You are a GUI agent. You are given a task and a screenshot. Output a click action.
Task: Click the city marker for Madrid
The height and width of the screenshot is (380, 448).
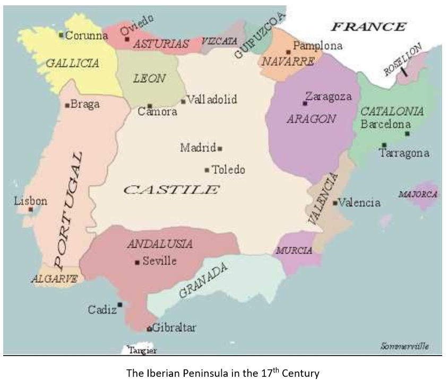(220, 148)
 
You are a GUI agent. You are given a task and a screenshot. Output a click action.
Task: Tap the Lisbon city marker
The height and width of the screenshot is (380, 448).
(31, 209)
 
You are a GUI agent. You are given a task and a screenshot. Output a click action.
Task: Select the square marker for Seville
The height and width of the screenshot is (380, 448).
(137, 261)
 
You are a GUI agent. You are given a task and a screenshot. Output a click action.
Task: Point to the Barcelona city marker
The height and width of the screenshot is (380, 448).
(407, 133)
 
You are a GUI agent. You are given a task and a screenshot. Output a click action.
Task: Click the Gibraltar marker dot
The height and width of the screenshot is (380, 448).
(150, 328)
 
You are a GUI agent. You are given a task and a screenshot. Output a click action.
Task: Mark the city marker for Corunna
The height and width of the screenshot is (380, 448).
(62, 36)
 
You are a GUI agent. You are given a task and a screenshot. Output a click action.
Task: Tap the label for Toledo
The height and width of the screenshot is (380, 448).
(228, 170)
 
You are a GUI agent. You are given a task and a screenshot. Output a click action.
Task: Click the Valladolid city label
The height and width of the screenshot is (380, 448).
(212, 99)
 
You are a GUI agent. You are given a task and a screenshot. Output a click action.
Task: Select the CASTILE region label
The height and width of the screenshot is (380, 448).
(171, 190)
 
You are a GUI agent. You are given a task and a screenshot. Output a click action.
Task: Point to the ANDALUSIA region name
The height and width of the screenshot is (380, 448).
(160, 244)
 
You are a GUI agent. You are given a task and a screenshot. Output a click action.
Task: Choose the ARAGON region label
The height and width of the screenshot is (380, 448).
(311, 119)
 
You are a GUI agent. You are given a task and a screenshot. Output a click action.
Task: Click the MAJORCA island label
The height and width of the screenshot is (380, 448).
(418, 195)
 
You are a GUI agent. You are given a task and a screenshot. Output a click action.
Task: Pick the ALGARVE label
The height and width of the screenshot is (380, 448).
(55, 278)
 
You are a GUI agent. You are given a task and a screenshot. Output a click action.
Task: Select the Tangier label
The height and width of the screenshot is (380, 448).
(143, 351)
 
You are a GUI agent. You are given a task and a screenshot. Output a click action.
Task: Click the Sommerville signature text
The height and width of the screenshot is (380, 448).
(404, 347)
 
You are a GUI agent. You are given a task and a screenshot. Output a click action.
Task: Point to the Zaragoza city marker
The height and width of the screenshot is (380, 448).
(305, 103)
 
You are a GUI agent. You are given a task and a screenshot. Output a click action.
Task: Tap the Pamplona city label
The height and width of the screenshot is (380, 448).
(317, 46)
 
